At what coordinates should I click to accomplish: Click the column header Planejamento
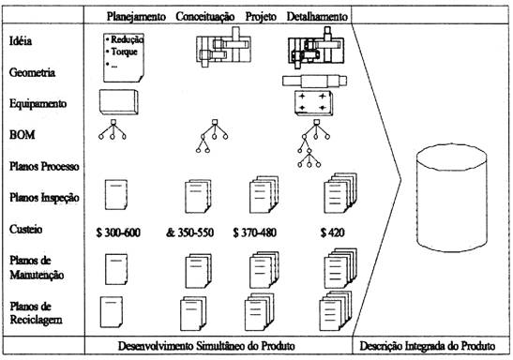coord(136,16)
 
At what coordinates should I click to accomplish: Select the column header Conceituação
coord(205,17)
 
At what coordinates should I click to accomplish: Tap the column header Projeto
coord(261,17)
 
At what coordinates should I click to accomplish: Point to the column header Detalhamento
coord(317,16)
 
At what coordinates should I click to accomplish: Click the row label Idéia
coord(21,41)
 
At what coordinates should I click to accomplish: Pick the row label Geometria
coord(32,72)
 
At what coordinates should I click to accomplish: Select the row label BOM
coord(22,135)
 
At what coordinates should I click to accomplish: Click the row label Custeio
coord(26,229)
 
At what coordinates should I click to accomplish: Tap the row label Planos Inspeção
coord(44,198)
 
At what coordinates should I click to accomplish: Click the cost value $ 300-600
coord(118,232)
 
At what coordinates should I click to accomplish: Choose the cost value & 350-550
coord(189,232)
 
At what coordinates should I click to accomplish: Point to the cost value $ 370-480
coord(254,232)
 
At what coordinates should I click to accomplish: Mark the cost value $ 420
coord(332,232)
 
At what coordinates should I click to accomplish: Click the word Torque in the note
coord(124,52)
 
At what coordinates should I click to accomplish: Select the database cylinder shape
coord(452,198)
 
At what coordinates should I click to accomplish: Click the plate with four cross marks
coord(313,103)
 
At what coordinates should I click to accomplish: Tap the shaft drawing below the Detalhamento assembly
coord(314,81)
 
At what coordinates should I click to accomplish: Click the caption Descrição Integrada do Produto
coord(428,346)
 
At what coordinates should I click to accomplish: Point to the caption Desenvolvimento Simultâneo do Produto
coord(206,346)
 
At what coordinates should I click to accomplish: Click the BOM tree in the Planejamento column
coord(113,129)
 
